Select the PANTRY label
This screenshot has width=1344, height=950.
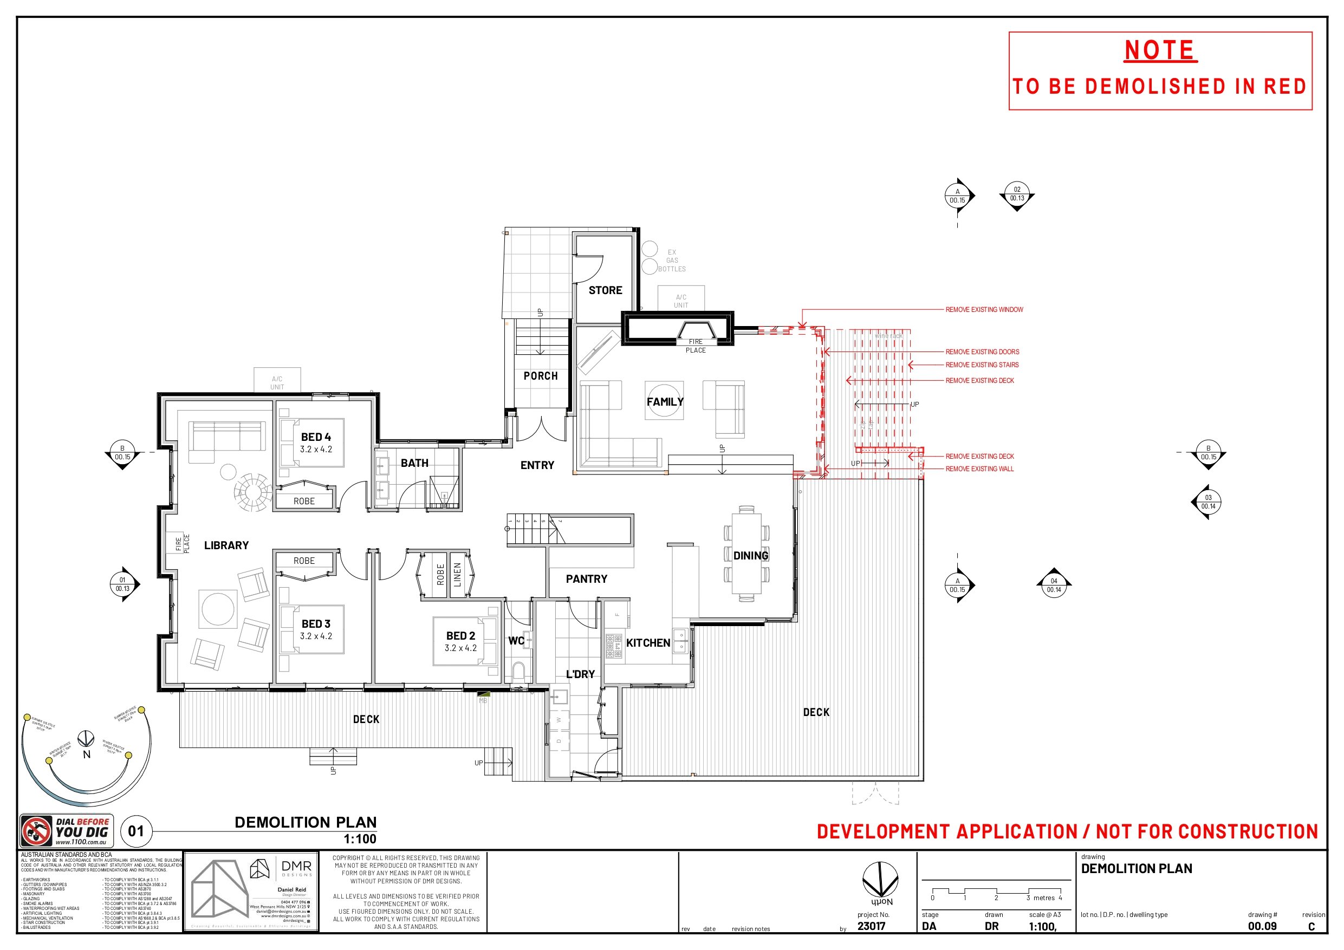pos(586,579)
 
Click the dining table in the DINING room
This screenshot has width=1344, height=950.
pos(746,553)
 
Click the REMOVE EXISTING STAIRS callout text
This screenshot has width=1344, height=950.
pos(982,365)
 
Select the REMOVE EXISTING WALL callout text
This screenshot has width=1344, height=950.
pos(979,469)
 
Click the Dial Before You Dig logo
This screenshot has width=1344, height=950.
pos(67,831)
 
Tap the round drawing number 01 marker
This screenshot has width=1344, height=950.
pos(136,831)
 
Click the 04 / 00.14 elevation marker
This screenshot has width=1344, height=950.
pos(1054,585)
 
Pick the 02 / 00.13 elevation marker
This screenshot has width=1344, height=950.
pos(1017,194)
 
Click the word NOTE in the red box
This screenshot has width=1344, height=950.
pos(1160,50)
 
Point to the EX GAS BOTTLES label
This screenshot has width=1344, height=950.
pos(671,261)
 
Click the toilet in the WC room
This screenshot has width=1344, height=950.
pos(518,671)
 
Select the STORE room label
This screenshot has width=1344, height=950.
pos(605,290)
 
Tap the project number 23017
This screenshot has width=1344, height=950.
pos(871,926)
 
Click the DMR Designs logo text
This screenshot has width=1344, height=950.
pos(296,866)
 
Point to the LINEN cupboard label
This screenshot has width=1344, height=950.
pos(458,575)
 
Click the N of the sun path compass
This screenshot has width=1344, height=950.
pos(87,754)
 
